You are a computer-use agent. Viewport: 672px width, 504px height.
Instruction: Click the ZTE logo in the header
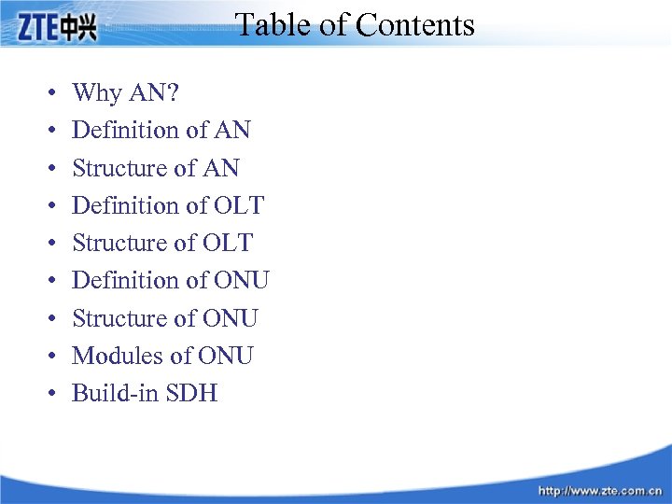pos(56,29)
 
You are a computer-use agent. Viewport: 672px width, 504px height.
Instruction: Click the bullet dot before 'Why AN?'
pos(48,93)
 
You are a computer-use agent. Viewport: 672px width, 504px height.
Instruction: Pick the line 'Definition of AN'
pos(161,130)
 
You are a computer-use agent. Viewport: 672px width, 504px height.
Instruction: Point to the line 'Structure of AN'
pos(155,168)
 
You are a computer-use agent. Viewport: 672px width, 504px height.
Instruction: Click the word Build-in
pos(116,393)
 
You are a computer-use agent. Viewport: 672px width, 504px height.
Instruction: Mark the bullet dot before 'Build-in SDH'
pos(48,394)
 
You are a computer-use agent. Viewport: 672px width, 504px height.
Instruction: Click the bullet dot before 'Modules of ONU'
pos(48,357)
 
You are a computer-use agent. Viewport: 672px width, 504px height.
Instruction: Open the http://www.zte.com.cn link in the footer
pos(598,490)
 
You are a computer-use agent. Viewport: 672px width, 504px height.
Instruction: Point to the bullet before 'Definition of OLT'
pos(48,206)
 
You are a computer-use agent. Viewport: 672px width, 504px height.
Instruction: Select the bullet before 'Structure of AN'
pos(48,169)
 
